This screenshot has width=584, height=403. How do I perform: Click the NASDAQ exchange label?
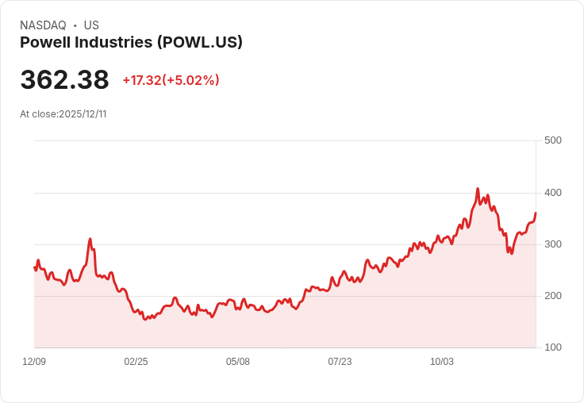[43, 25]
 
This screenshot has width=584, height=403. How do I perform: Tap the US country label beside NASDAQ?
[91, 25]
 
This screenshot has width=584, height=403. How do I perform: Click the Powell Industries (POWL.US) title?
[131, 43]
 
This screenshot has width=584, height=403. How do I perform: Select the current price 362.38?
[64, 80]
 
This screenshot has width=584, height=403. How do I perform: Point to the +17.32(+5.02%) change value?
[171, 80]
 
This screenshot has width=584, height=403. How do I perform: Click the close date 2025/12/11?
[83, 114]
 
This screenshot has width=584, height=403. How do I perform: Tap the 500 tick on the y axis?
[552, 140]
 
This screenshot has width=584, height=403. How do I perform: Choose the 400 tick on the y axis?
[552, 192]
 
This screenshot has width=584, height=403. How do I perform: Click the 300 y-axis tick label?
[552, 244]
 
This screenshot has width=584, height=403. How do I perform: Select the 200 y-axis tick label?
[552, 295]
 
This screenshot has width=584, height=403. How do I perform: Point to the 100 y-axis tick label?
[552, 347]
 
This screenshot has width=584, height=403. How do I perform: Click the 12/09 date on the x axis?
[34, 362]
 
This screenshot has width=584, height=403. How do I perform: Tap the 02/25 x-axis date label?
[136, 362]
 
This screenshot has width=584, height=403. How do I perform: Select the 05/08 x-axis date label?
[238, 362]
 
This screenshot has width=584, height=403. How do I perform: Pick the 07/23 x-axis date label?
[340, 362]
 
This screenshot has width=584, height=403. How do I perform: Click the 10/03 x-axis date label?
[442, 362]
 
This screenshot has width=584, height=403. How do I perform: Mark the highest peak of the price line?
[478, 189]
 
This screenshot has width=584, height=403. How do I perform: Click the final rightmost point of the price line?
[536, 213]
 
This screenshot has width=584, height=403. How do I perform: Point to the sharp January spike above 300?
[90, 239]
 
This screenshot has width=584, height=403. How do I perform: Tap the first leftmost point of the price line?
[35, 267]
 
